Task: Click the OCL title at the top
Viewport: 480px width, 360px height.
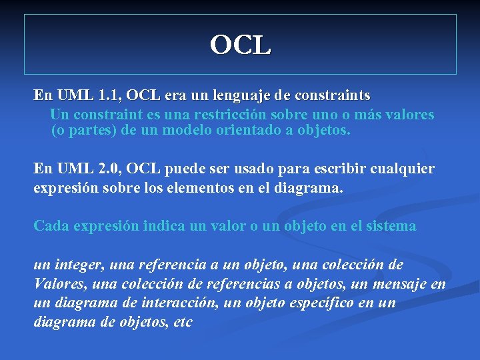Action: [x=240, y=45]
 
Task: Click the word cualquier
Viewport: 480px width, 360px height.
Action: [x=403, y=169]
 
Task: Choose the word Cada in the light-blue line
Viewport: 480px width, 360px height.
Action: [x=51, y=226]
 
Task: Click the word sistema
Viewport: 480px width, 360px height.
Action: [x=389, y=226]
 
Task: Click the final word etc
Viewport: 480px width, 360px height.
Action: [x=181, y=322]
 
